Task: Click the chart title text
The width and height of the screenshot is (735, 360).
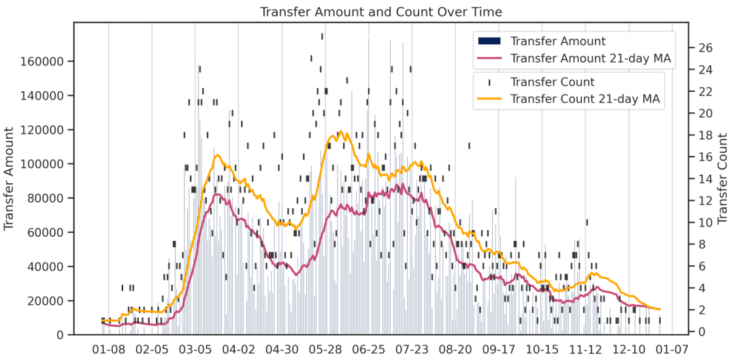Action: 381,12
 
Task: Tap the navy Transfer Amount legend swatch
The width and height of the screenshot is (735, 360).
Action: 489,42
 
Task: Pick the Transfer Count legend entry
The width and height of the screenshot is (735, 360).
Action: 542,82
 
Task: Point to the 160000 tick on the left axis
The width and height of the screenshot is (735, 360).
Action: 43,61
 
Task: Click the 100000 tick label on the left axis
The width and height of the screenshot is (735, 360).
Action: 43,164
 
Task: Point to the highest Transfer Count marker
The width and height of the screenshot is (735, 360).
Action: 322,36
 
